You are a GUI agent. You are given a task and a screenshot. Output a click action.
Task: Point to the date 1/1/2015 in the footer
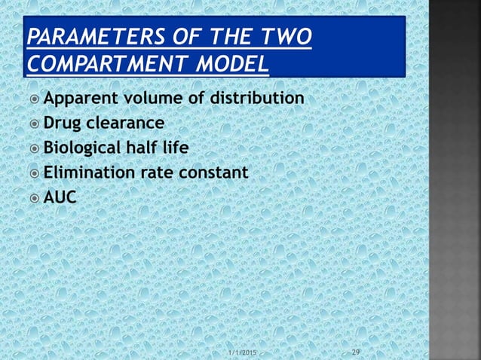[242, 352]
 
